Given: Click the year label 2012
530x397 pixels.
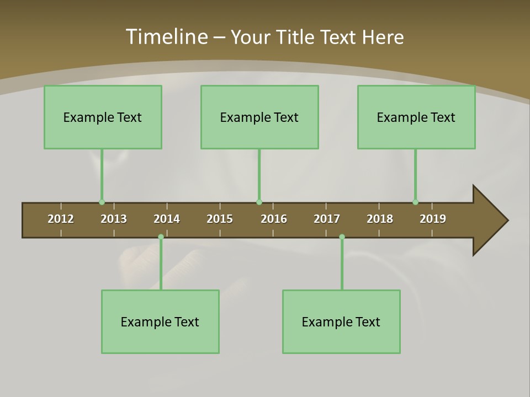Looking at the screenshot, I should click(x=61, y=219).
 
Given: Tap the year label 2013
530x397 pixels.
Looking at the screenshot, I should click(x=114, y=219).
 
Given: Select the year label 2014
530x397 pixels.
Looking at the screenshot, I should click(x=167, y=219).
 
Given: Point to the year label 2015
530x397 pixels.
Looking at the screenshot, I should click(x=220, y=219).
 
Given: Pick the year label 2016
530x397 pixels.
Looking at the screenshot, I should click(x=274, y=219).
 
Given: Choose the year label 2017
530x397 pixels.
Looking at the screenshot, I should click(x=327, y=219).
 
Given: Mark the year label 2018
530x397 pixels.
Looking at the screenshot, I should click(x=380, y=219).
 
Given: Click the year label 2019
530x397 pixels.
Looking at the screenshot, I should click(x=433, y=219).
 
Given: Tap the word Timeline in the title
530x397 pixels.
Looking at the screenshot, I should click(x=166, y=37).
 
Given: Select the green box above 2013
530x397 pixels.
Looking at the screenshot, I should click(x=103, y=117).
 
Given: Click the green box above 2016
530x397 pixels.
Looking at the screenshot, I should click(x=259, y=117).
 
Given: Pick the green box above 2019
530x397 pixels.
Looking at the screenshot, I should click(x=416, y=117).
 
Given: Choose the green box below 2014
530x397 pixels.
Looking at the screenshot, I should click(x=160, y=321).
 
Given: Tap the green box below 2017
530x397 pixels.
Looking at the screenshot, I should click(x=341, y=321).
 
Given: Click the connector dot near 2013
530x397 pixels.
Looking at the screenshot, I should click(x=102, y=202).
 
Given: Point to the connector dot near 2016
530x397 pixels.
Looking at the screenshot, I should click(x=259, y=202).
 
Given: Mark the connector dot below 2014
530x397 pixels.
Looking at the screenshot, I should click(x=161, y=237).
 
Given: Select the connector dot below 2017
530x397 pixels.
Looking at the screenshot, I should click(x=342, y=237).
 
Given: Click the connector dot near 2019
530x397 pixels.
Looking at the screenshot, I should click(x=415, y=202).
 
